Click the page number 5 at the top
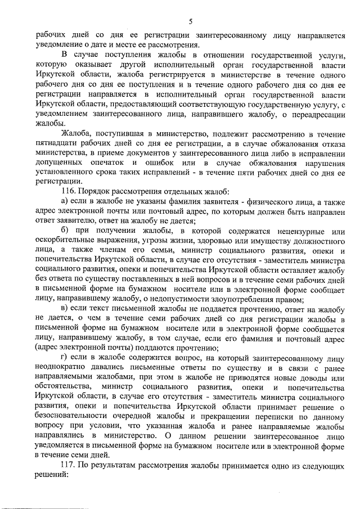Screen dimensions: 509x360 pos(191,21)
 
